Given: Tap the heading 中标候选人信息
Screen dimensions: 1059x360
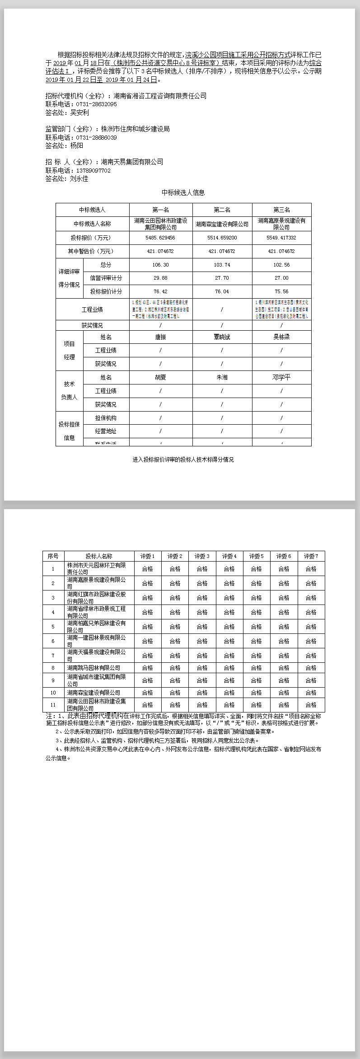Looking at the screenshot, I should pyautogui.click(x=183, y=192).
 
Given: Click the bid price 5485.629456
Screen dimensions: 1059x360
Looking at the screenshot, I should pyautogui.click(x=160, y=238).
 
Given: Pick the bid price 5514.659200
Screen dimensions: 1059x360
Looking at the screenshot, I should pyautogui.click(x=222, y=238).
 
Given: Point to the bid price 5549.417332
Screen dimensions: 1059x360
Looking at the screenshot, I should pyautogui.click(x=281, y=238).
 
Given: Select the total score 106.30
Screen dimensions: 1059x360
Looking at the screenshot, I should pyautogui.click(x=160, y=265).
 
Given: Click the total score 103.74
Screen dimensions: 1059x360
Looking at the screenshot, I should pyautogui.click(x=222, y=265).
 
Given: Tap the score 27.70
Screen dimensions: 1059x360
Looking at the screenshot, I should pyautogui.click(x=222, y=278).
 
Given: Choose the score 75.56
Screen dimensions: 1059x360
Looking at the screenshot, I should pyautogui.click(x=281, y=292).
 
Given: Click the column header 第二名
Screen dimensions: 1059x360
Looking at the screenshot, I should pyautogui.click(x=222, y=210).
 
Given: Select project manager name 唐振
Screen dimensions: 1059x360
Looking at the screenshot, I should pyautogui.click(x=160, y=337).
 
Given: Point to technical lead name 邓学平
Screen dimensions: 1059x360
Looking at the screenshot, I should pyautogui.click(x=281, y=377).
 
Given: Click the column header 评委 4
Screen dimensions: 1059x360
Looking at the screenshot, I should pyautogui.click(x=229, y=556).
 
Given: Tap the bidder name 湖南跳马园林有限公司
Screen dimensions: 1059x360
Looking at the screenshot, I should pyautogui.click(x=94, y=668).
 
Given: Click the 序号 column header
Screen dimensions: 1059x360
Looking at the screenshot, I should pyautogui.click(x=53, y=556).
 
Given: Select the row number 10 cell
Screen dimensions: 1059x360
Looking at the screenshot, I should pyautogui.click(x=53, y=693).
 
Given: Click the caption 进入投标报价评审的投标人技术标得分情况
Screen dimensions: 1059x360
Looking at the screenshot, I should pyautogui.click(x=183, y=459).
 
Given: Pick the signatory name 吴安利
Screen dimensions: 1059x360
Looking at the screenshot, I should pyautogui.click(x=79, y=113).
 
